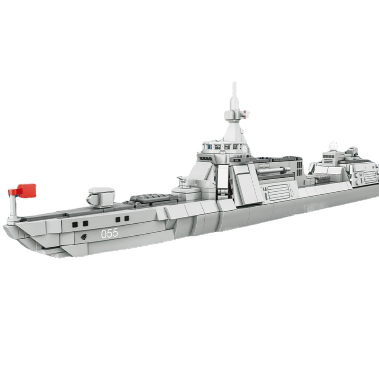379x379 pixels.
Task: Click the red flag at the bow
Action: coord(25,190)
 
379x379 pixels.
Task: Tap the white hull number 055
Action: coord(110,233)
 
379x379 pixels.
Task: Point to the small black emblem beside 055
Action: coord(83,237)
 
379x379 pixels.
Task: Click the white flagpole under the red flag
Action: coord(12,204)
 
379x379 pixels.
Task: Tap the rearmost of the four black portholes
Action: coord(126,219)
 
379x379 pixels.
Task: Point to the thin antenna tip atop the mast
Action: coord(234,84)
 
